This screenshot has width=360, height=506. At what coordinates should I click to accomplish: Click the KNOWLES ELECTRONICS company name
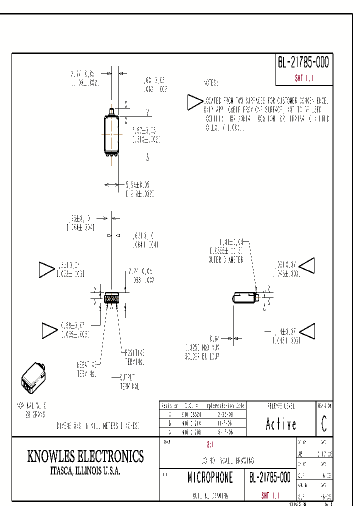(85, 456)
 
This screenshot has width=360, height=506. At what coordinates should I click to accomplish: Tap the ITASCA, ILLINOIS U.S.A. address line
(85, 471)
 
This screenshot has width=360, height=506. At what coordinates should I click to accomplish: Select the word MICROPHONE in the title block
(210, 477)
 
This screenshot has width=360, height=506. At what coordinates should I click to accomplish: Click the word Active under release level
(280, 424)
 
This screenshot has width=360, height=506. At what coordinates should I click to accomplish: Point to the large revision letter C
(324, 424)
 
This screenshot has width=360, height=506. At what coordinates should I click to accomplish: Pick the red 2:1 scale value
(209, 444)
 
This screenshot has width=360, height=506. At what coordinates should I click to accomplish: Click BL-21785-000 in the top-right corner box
(303, 63)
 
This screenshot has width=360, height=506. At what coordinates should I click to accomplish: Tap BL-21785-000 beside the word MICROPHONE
(269, 477)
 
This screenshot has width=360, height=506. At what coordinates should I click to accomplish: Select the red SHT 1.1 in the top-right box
(303, 78)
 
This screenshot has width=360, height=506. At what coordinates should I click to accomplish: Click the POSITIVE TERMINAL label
(134, 357)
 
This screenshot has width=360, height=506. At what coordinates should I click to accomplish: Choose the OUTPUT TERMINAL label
(129, 381)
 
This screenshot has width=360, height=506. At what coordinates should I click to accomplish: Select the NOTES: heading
(211, 83)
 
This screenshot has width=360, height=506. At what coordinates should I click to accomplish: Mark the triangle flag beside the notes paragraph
(193, 102)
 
